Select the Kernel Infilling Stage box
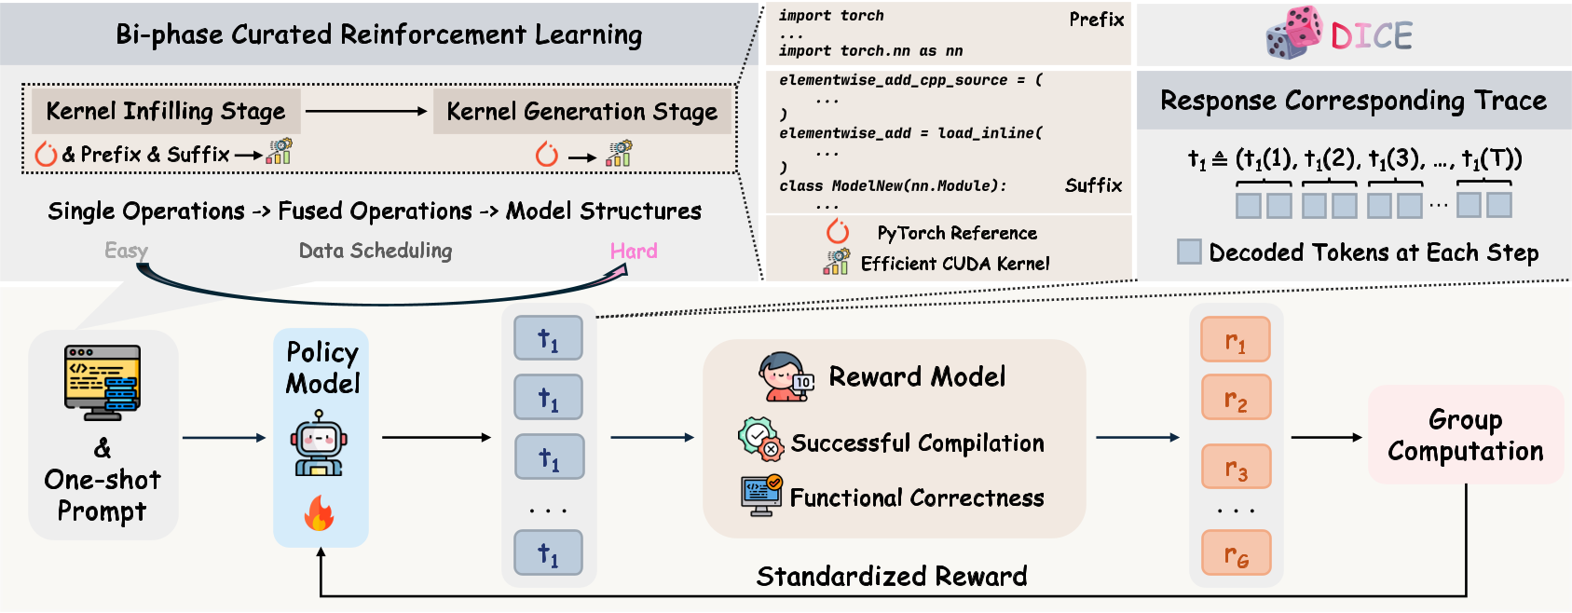click(x=166, y=111)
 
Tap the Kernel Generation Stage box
click(x=581, y=112)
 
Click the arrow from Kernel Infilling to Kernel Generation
click(x=365, y=112)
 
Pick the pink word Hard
click(x=634, y=251)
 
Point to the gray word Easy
click(x=126, y=251)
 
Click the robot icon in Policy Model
click(x=319, y=447)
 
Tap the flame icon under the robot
click(x=319, y=512)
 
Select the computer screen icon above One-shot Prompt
click(x=103, y=379)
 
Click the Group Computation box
click(x=1465, y=435)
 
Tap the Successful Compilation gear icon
click(x=760, y=439)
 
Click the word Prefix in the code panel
click(x=1096, y=20)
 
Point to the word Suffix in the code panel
click(x=1093, y=185)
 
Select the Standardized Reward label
click(x=891, y=577)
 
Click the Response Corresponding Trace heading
click(x=1353, y=101)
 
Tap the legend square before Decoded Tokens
click(x=1189, y=252)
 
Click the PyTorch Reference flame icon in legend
click(x=838, y=231)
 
